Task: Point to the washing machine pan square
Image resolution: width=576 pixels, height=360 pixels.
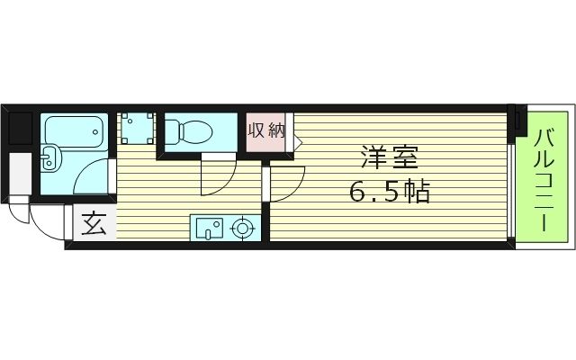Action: point(138,127)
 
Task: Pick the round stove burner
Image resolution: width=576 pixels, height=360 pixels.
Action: point(242,228)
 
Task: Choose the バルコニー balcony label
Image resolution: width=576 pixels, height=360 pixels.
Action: point(544,179)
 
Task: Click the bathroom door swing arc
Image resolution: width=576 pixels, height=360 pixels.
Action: point(95,176)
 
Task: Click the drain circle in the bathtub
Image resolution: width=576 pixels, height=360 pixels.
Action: point(95,132)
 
